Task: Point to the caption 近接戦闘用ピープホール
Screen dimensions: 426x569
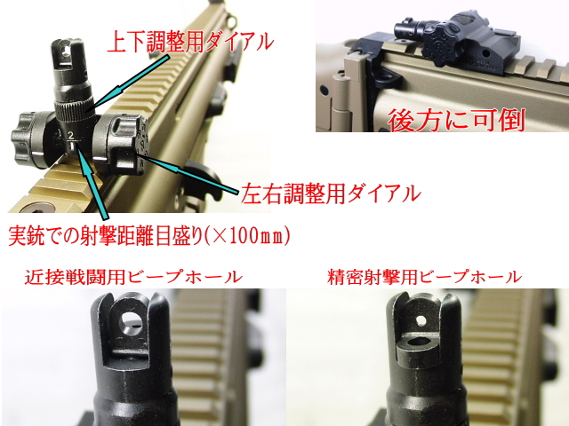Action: coord(134,277)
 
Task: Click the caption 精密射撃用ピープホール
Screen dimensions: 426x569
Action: coord(424,277)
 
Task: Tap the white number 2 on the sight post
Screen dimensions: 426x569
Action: coord(70,135)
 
